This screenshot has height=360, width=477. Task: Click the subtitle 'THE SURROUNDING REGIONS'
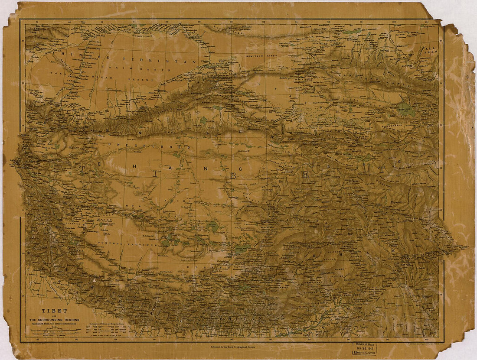tap(54, 320)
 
